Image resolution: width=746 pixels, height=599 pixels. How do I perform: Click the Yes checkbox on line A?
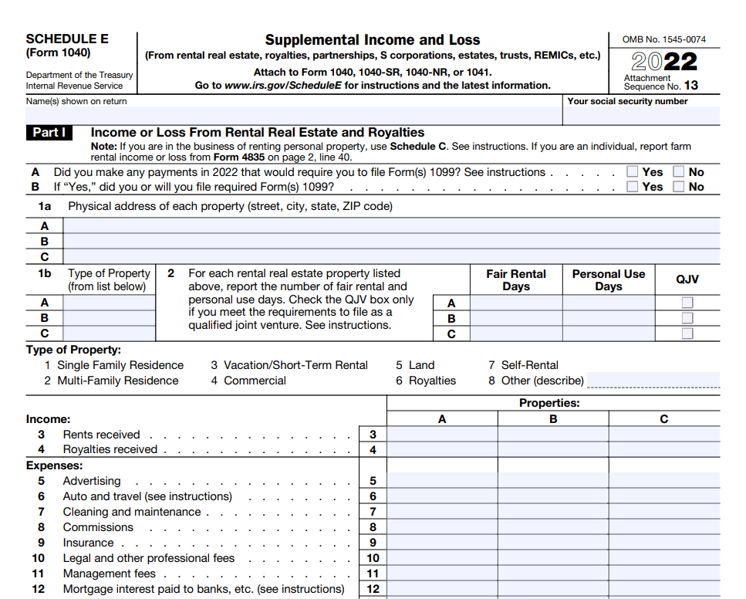pyautogui.click(x=633, y=172)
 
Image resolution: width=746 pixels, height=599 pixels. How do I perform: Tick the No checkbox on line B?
pyautogui.click(x=679, y=187)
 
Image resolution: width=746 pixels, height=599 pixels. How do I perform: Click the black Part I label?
pyautogui.click(x=49, y=133)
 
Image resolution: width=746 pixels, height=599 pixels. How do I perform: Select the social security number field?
pyautogui.click(x=641, y=116)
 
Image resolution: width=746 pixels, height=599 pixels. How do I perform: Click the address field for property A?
pyautogui.click(x=390, y=225)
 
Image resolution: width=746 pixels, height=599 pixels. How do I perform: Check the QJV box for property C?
pyautogui.click(x=687, y=333)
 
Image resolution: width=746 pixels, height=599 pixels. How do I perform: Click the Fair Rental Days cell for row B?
pyautogui.click(x=515, y=318)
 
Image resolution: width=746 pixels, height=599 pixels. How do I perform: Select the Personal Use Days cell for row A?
pyautogui.click(x=608, y=303)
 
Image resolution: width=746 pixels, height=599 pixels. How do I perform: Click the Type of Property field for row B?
pyautogui.click(x=109, y=318)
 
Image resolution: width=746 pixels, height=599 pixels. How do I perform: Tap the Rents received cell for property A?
pyautogui.click(x=442, y=435)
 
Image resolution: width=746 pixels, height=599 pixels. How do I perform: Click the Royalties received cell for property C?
pyautogui.click(x=663, y=450)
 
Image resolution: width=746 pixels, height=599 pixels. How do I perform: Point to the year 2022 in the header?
pyautogui.click(x=663, y=61)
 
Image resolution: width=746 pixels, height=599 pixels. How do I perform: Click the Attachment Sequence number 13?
pyautogui.click(x=690, y=86)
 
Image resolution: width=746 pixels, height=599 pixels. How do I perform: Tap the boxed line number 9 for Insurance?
pyautogui.click(x=373, y=543)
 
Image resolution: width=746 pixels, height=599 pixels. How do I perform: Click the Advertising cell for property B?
pyautogui.click(x=553, y=481)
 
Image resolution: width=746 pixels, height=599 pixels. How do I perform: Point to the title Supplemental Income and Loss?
pyautogui.click(x=372, y=40)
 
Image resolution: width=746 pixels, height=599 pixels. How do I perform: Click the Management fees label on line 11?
pyautogui.click(x=109, y=574)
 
